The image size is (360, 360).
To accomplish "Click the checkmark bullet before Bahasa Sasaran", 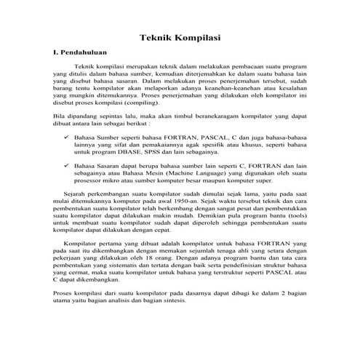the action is click(x=67, y=166).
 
